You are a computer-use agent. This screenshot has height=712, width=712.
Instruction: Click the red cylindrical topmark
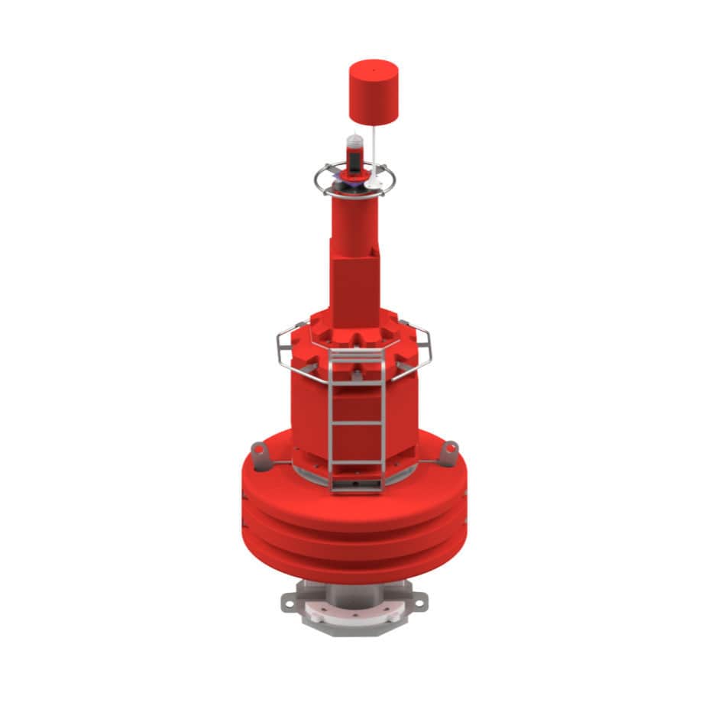[374, 93]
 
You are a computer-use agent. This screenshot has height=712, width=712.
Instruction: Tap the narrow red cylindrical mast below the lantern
[354, 218]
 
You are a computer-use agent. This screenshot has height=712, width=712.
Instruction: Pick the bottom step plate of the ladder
[357, 484]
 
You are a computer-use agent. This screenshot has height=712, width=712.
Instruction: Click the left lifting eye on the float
[261, 457]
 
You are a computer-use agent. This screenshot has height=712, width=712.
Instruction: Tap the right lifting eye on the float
[450, 451]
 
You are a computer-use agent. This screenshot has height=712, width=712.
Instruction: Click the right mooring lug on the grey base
[418, 603]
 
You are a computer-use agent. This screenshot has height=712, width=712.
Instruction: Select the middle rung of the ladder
[357, 422]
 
